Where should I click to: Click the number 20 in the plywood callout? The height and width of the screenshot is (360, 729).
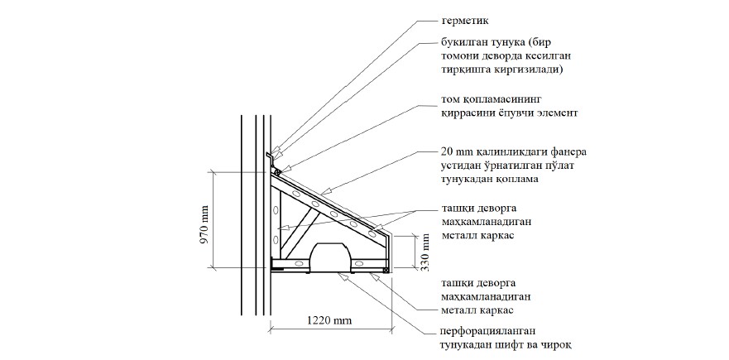[x=448, y=153]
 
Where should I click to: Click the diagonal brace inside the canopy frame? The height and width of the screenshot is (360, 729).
[x=305, y=224]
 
